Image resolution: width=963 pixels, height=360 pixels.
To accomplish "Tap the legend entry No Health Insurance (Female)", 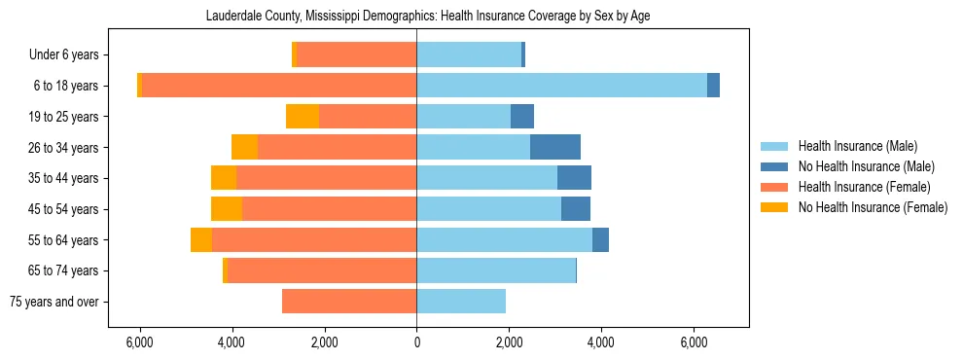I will [873, 207].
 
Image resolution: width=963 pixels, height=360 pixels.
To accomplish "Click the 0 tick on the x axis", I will [416, 342].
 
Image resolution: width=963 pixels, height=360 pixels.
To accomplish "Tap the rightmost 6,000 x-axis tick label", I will [694, 342].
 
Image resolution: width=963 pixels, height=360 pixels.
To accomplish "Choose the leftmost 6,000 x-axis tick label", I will [140, 342].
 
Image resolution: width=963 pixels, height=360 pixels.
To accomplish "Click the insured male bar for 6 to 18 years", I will [561, 86].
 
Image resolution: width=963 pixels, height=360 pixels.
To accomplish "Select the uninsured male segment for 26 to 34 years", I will [555, 147].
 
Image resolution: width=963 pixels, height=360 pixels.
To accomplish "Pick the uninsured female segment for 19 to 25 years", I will [303, 117].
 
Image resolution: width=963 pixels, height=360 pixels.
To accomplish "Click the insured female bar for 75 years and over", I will [349, 302].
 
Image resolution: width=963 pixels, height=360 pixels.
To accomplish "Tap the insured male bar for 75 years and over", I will [461, 302].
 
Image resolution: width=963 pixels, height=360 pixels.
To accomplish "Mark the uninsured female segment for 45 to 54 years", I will [227, 209].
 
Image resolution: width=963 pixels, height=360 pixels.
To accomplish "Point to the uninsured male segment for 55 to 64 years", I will [600, 239].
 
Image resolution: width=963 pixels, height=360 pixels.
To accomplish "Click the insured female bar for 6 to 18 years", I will [279, 86].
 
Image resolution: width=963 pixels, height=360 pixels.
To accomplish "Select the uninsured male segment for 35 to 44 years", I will [574, 178].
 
